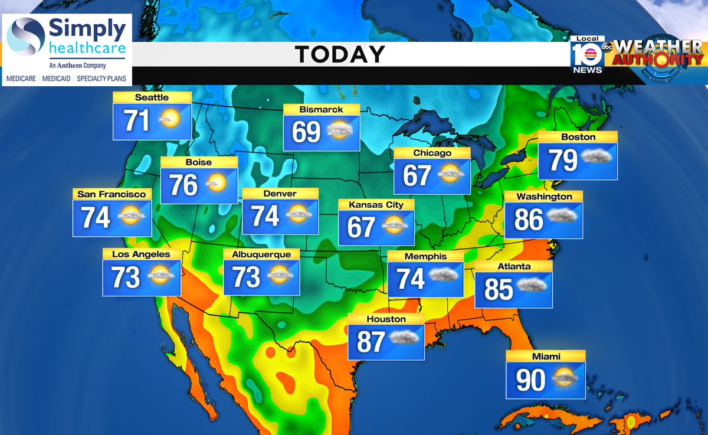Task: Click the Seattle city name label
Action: [x=152, y=97]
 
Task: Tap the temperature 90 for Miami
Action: [x=530, y=380]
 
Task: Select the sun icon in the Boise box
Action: [x=217, y=185]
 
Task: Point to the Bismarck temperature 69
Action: [x=306, y=132]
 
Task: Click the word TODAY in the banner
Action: [x=340, y=55]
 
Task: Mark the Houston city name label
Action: [x=386, y=319]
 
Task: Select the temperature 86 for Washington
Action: [x=529, y=220]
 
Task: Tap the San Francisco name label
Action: [x=112, y=194]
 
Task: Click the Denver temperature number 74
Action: [x=265, y=216]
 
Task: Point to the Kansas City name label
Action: [x=376, y=205]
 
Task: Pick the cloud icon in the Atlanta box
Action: [x=532, y=286]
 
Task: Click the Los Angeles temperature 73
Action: [x=126, y=277]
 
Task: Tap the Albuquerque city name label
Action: [x=261, y=254]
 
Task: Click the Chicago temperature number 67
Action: [x=417, y=175]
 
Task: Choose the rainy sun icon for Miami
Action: [x=566, y=378]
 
